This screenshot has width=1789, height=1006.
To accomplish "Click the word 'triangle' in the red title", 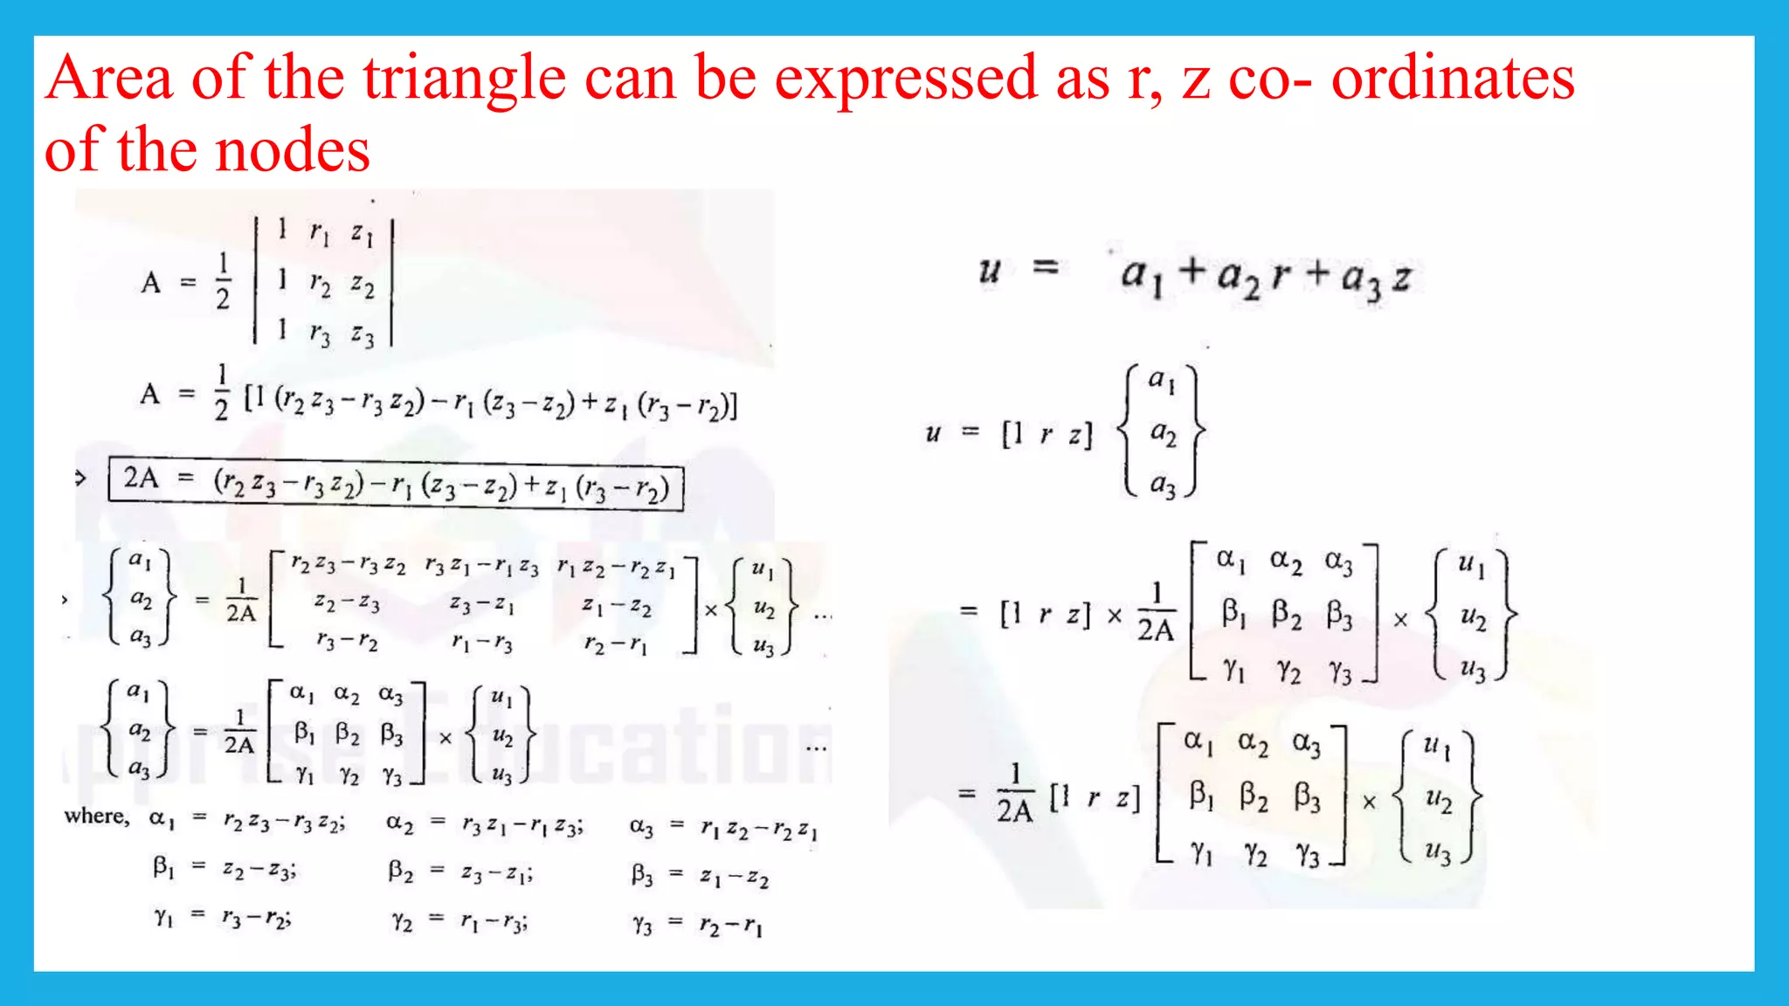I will tap(465, 79).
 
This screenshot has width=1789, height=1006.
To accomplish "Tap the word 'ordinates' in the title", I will tap(1453, 79).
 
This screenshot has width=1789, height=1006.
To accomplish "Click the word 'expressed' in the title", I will tap(908, 79).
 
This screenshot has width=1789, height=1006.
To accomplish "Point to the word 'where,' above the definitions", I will tap(96, 817).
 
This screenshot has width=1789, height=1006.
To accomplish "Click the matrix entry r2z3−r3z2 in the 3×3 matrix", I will tap(348, 566).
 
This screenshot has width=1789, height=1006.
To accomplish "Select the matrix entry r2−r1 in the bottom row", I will tap(616, 645).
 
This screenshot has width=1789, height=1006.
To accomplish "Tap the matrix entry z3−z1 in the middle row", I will tap(481, 604).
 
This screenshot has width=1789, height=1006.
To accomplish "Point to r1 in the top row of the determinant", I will tap(320, 233).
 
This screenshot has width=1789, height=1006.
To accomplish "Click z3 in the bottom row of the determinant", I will tap(363, 334).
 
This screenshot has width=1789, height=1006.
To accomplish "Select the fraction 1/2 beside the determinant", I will tap(223, 281).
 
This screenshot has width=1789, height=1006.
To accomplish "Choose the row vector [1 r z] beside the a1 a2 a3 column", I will tap(1047, 434).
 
